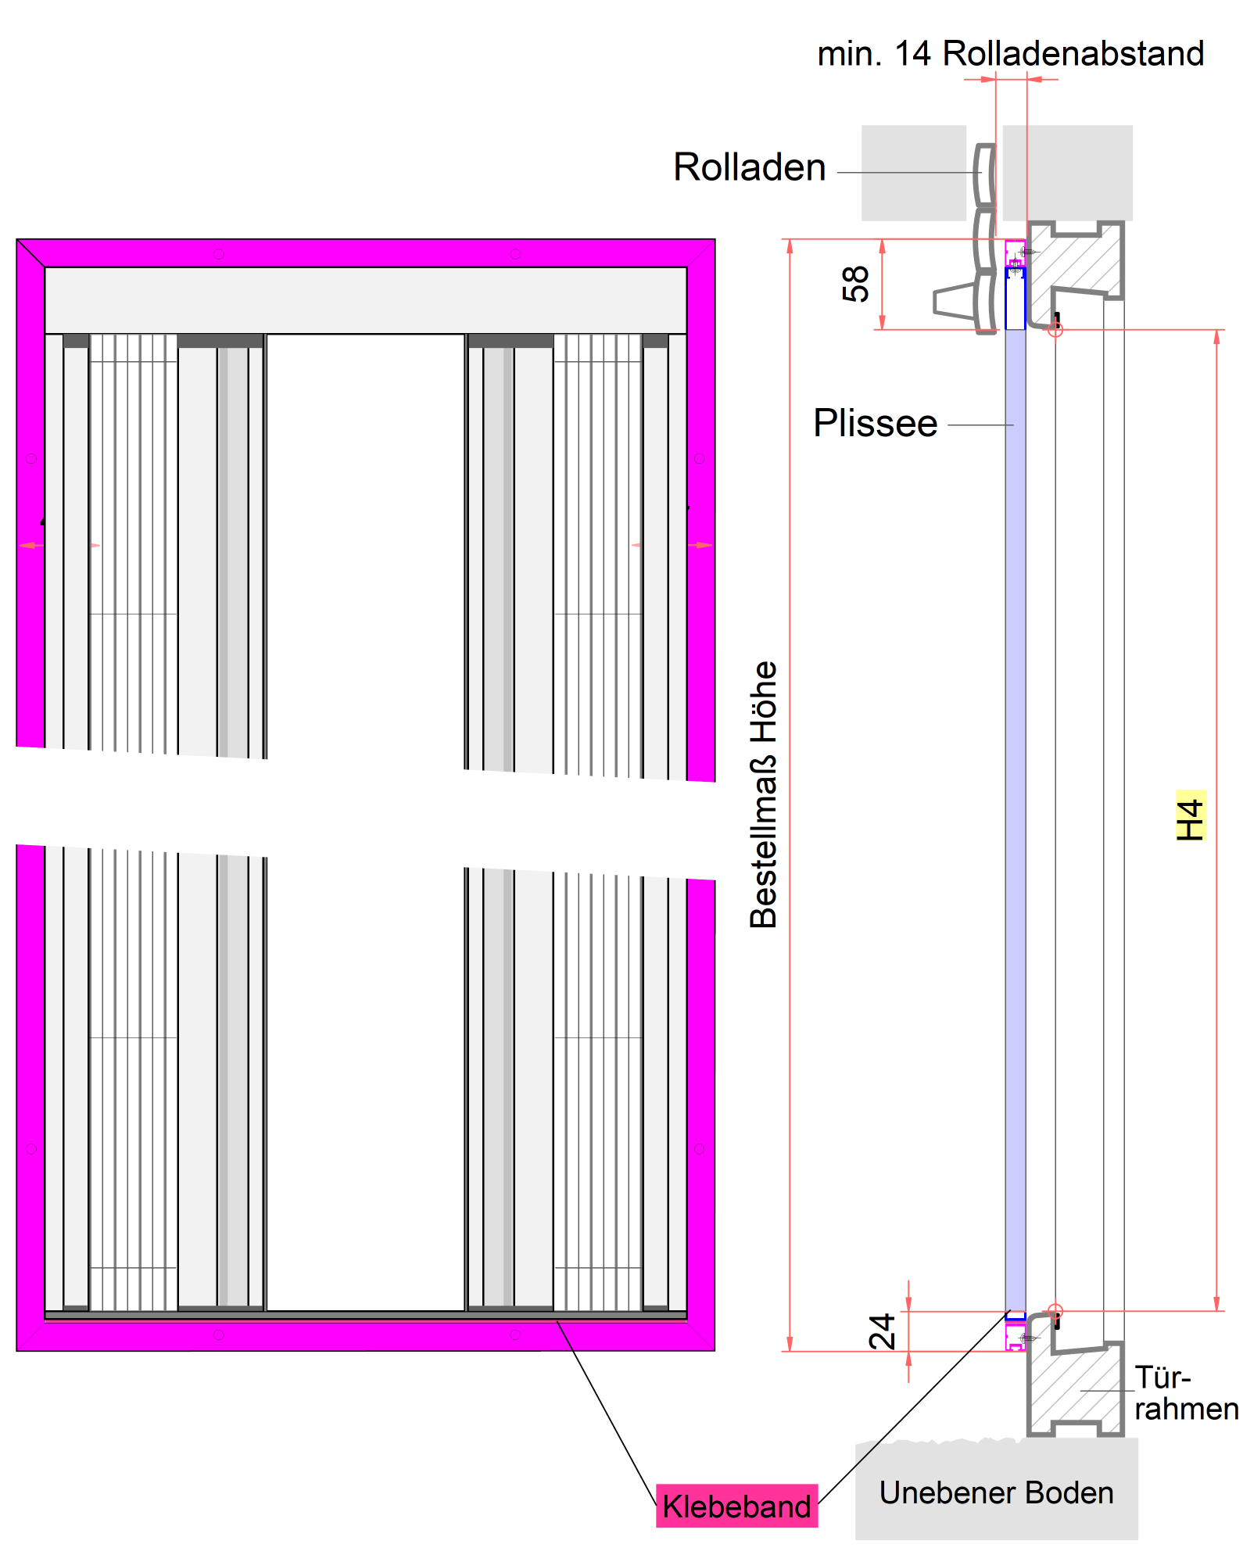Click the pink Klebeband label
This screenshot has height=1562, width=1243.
tap(736, 1506)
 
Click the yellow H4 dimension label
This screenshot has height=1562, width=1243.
tap(1190, 815)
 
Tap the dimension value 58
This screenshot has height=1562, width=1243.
tap(856, 284)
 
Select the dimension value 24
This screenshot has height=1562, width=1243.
tap(883, 1331)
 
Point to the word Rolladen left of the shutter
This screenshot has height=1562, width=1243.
tap(749, 167)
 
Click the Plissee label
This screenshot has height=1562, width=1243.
tap(875, 423)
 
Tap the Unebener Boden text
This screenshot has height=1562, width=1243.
tap(995, 1493)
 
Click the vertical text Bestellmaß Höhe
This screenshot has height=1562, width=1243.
tap(764, 794)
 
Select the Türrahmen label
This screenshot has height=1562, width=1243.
tap(1184, 1393)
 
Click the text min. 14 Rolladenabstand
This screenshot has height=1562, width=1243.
tap(1010, 54)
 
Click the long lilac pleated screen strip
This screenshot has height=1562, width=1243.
tap(1015, 782)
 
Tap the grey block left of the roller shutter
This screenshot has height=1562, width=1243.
tap(913, 173)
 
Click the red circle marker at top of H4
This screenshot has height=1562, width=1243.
tap(1055, 329)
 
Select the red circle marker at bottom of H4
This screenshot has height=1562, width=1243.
tap(1055, 1311)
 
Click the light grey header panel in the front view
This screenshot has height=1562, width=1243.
tap(365, 300)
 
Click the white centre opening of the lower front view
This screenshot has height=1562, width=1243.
tap(365, 1094)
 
